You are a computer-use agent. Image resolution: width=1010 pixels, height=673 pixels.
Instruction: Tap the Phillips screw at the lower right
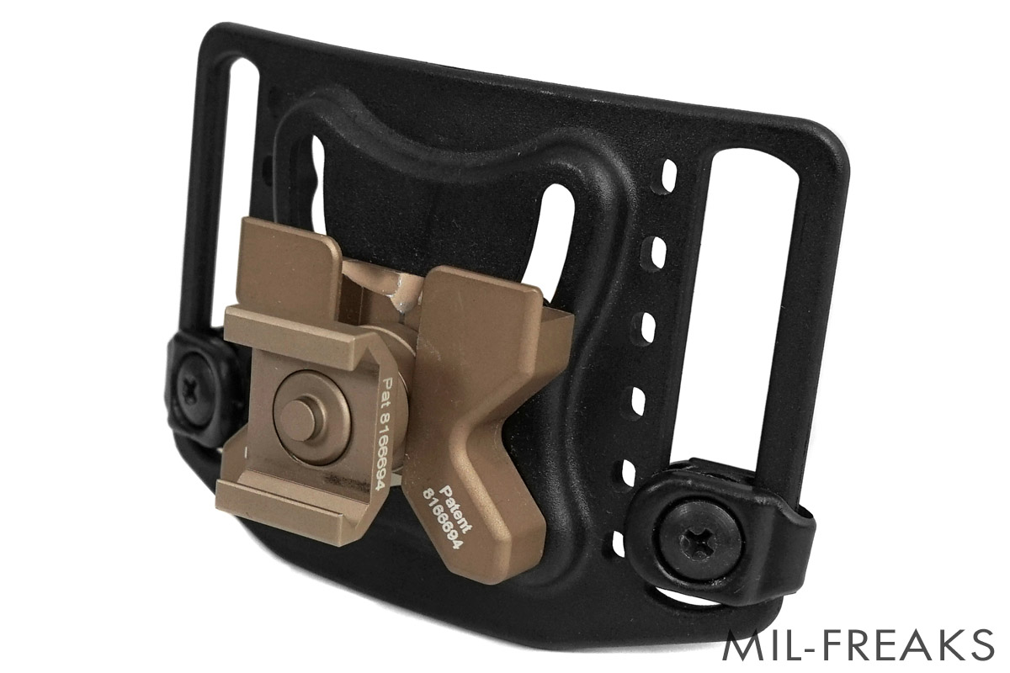703,542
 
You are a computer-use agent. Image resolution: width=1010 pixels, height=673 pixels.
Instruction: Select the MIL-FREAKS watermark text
858,644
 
